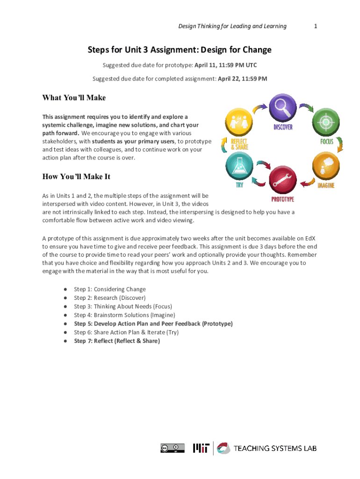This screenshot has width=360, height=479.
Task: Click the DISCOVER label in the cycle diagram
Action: pos(283,127)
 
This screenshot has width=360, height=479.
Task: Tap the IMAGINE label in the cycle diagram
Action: pos(326,185)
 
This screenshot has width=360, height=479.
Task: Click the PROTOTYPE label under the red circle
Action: pos(283,199)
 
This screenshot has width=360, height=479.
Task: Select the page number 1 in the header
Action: pos(316,26)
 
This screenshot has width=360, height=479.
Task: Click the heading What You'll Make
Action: pos(74,98)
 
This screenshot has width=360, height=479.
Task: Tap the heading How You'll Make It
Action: pos(76,177)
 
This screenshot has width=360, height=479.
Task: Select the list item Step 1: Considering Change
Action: pos(110,289)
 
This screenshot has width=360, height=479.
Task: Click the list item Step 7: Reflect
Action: pos(117,341)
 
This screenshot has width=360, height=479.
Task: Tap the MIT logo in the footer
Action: pos(202,448)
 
